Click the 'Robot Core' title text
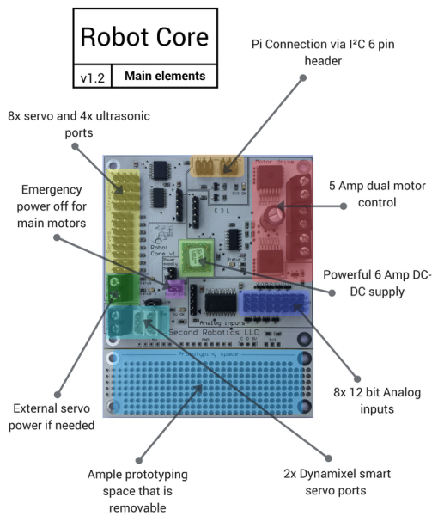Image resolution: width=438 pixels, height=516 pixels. pyautogui.click(x=143, y=37)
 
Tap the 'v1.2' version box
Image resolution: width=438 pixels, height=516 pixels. pyautogui.click(x=92, y=77)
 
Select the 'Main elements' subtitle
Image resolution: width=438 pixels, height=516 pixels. pyautogui.click(x=164, y=77)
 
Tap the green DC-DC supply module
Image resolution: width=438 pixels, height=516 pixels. pyautogui.click(x=201, y=255)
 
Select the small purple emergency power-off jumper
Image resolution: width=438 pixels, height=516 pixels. pyautogui.click(x=173, y=289)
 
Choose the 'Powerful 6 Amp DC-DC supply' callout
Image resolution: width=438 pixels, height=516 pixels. pyautogui.click(x=375, y=284)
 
